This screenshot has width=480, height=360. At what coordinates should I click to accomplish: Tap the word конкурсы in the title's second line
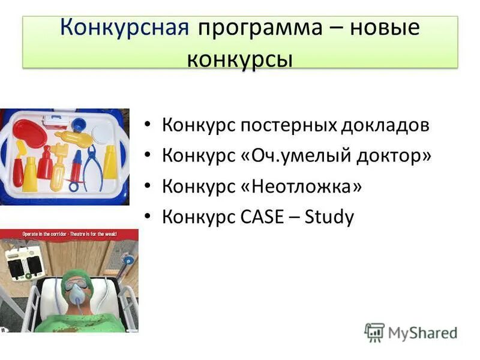tap(240, 59)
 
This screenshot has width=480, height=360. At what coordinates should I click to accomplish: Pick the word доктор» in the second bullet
tap(398, 156)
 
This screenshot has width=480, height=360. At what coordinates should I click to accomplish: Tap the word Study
tap(329, 217)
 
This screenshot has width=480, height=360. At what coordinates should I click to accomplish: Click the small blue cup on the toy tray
tap(79, 124)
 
